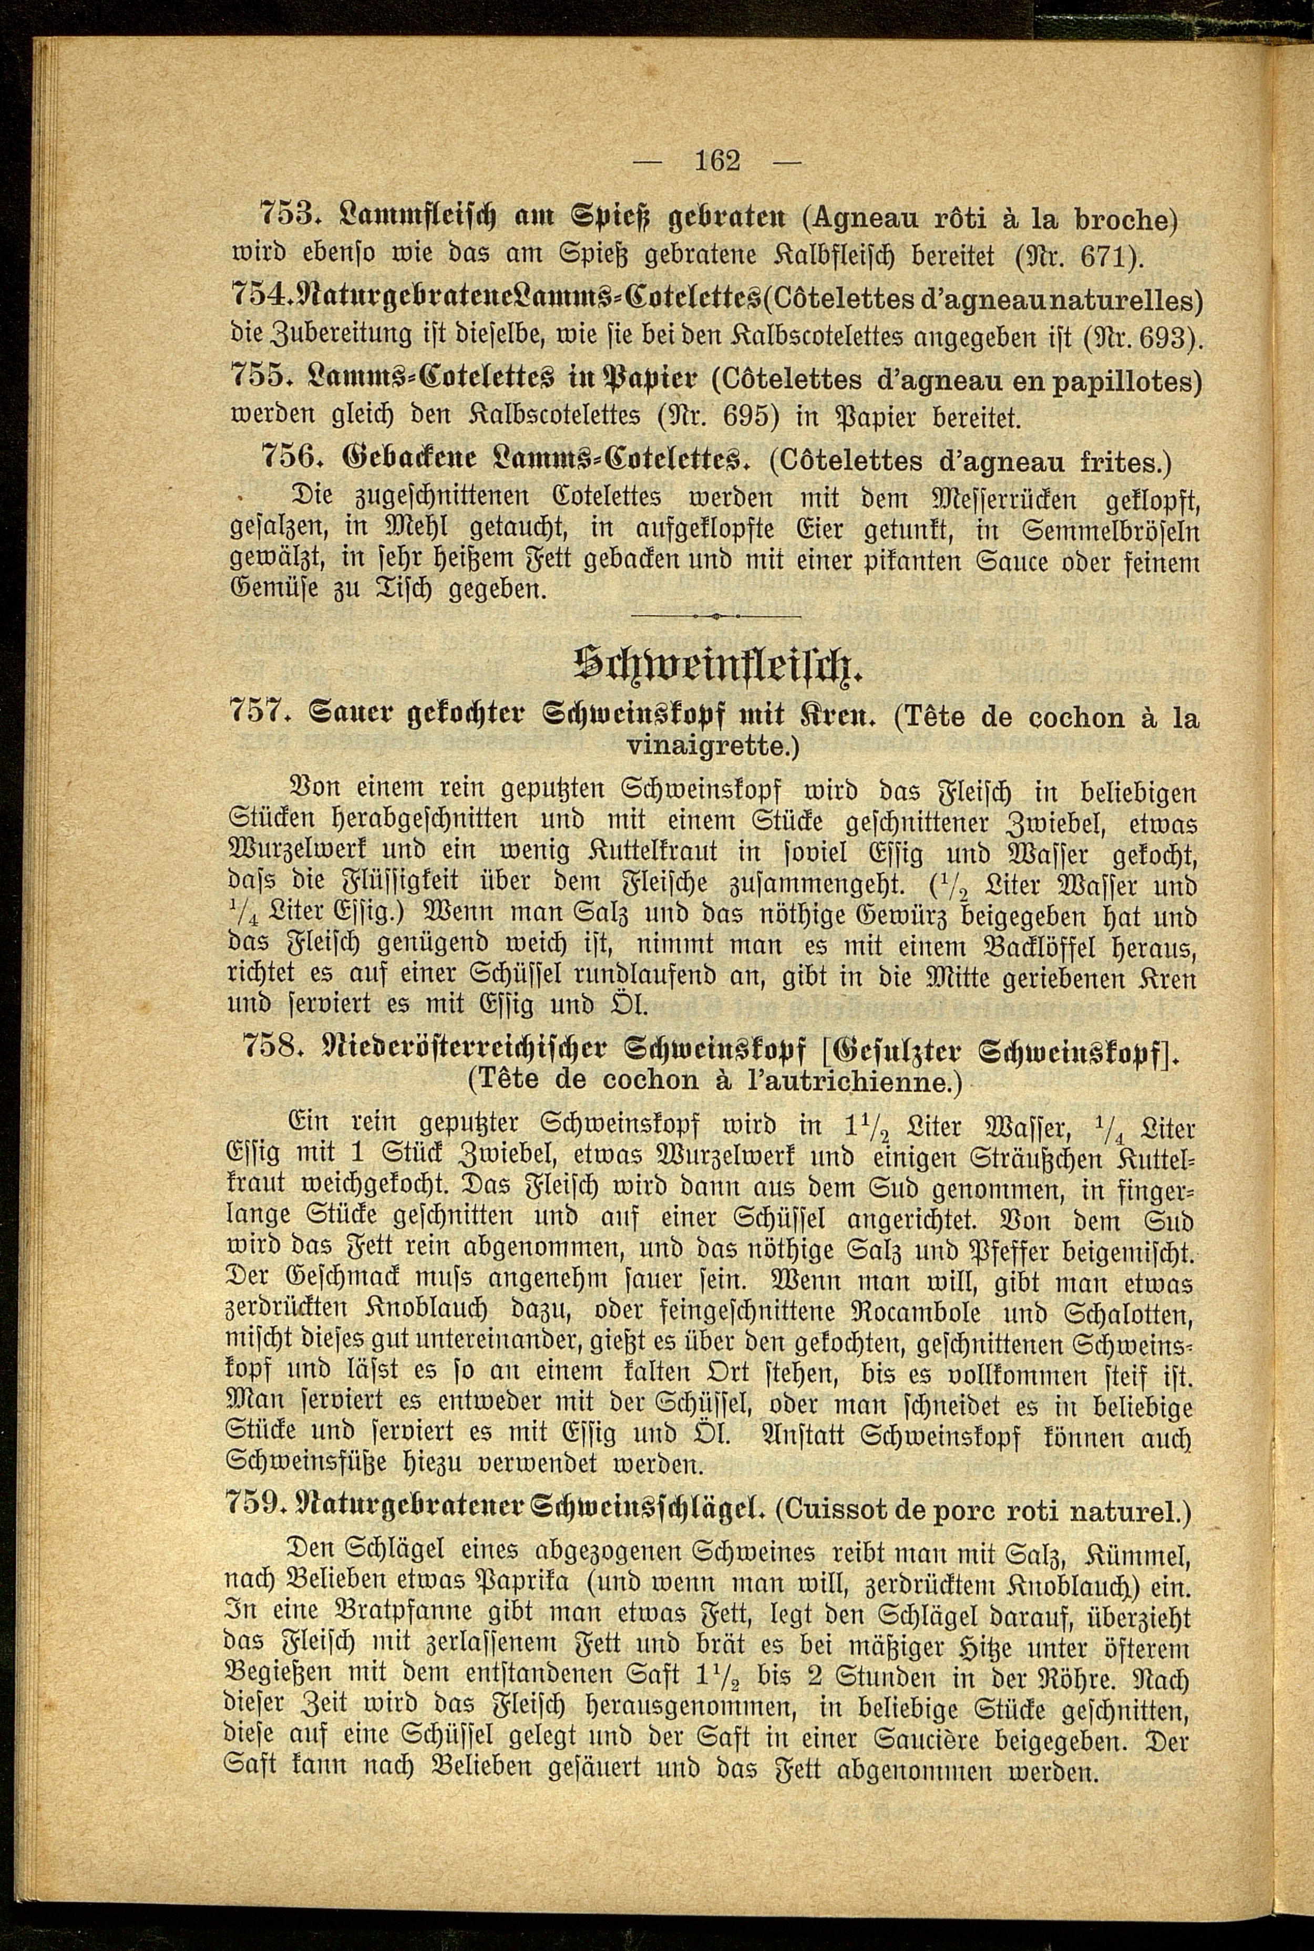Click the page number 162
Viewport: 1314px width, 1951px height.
(718, 159)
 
